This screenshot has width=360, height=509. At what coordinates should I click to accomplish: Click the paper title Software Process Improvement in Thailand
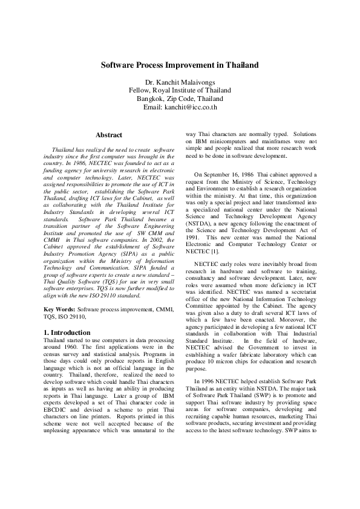pos(180,64)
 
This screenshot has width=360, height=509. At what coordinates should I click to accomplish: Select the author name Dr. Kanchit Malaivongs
pos(180,81)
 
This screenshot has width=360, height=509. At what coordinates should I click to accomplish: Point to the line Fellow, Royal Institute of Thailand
pos(180,89)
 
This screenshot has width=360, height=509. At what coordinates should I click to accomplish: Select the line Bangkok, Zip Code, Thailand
pos(180,99)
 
